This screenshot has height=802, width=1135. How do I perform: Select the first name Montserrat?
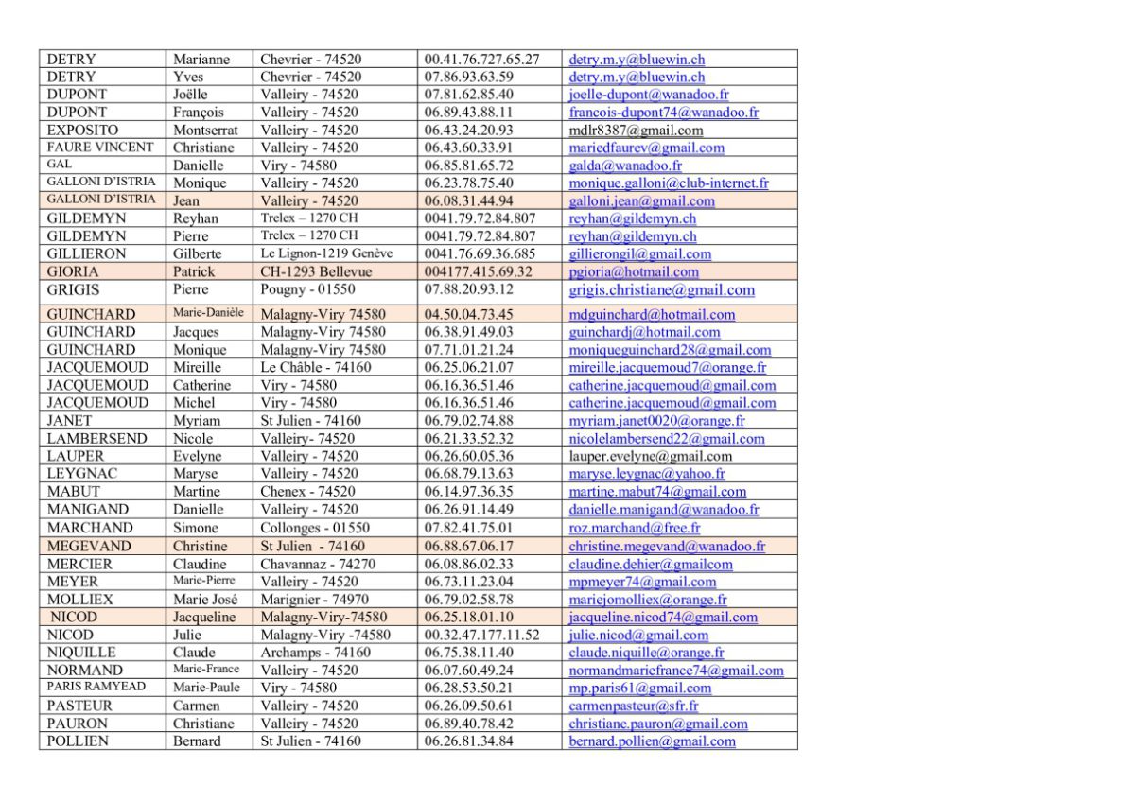[205, 130]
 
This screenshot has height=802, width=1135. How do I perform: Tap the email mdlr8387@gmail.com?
[636, 130]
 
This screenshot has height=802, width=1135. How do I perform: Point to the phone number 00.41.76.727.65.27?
[482, 59]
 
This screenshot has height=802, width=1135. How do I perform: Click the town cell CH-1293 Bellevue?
[316, 271]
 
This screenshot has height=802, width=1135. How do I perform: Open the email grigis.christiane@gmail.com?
[661, 290]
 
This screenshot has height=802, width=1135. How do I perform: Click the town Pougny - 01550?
[308, 289]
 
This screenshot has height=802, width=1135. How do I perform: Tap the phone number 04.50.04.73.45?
[469, 314]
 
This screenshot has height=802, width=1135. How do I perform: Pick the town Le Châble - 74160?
[316, 367]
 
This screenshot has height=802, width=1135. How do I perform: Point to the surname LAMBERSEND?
[97, 438]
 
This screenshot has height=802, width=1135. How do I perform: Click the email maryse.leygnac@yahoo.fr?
[647, 474]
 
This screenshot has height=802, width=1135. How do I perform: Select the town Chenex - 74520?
[308, 492]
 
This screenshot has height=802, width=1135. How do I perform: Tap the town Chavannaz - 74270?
[318, 564]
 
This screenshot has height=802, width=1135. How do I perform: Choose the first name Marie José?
[205, 600]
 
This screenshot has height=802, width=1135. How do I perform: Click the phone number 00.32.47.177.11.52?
[482, 635]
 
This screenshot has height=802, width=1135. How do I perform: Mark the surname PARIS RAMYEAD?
[96, 687]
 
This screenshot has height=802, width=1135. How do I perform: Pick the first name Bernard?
[197, 741]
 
